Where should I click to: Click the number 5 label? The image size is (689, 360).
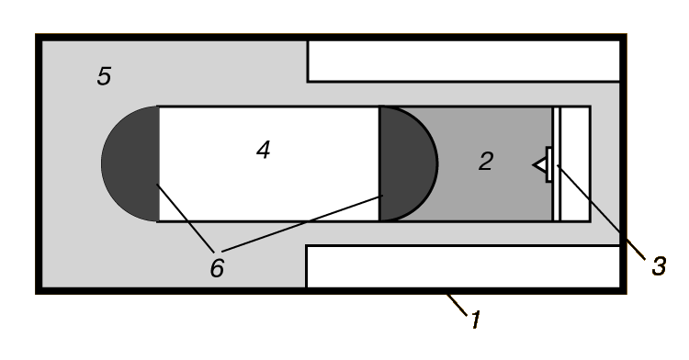coord(104,76)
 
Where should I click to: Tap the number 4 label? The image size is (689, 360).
coord(264,150)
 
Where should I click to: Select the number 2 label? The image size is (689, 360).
coord(486,161)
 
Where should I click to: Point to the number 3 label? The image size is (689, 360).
coord(659,266)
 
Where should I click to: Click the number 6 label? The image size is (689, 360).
coord(217,268)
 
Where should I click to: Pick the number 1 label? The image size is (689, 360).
coord(476,320)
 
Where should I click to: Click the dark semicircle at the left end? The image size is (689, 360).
coord(130,163)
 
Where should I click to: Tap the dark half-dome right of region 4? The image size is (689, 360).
coord(408,163)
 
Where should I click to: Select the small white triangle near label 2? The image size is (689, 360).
coord(539,165)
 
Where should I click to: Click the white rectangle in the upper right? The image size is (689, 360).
coord(464,61)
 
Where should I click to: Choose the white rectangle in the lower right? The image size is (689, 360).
coord(463,266)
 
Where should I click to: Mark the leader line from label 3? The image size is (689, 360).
coord(601,212)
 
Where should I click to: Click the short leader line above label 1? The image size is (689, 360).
coord(457,305)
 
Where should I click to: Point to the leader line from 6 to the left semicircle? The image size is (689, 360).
coord(186,219)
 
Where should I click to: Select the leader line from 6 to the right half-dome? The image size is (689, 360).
coord(303,223)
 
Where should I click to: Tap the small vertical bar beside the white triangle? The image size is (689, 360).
coord(548,165)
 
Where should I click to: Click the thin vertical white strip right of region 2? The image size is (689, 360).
coord(557,163)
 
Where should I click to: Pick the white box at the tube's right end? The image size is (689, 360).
coord(575,163)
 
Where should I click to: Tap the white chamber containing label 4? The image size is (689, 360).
coord(268,163)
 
